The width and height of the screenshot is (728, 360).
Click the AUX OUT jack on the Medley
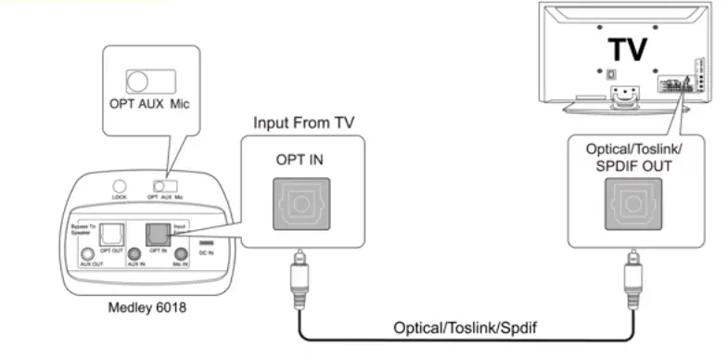(x=87, y=253)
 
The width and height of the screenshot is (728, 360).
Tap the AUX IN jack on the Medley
(x=134, y=253)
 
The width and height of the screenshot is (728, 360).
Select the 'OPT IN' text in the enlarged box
(x=299, y=159)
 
